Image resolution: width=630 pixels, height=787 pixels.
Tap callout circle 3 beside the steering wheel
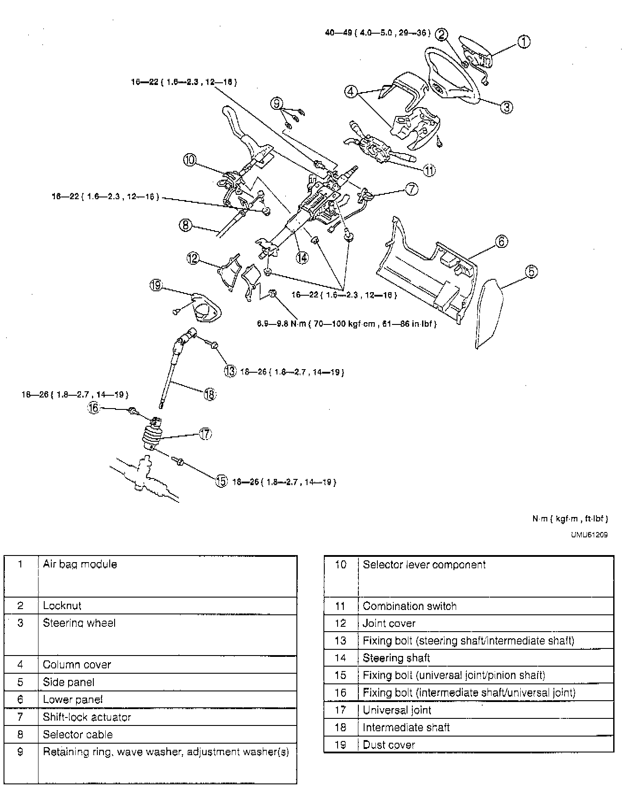507,107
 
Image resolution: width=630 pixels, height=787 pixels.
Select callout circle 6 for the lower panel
501,242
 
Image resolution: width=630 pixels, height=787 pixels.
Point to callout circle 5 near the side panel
531,271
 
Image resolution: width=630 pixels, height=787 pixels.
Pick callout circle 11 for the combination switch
429,170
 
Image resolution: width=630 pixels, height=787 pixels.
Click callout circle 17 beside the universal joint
206,434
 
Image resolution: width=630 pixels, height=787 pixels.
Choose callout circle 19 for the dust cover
156,285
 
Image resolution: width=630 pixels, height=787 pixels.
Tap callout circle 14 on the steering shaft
302,258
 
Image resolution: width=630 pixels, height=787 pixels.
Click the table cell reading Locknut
62,606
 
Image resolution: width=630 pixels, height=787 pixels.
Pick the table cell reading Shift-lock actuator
87,717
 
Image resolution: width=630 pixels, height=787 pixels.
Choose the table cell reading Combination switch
409,606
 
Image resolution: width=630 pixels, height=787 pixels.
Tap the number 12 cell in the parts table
340,623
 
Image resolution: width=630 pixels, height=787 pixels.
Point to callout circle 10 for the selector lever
190,160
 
